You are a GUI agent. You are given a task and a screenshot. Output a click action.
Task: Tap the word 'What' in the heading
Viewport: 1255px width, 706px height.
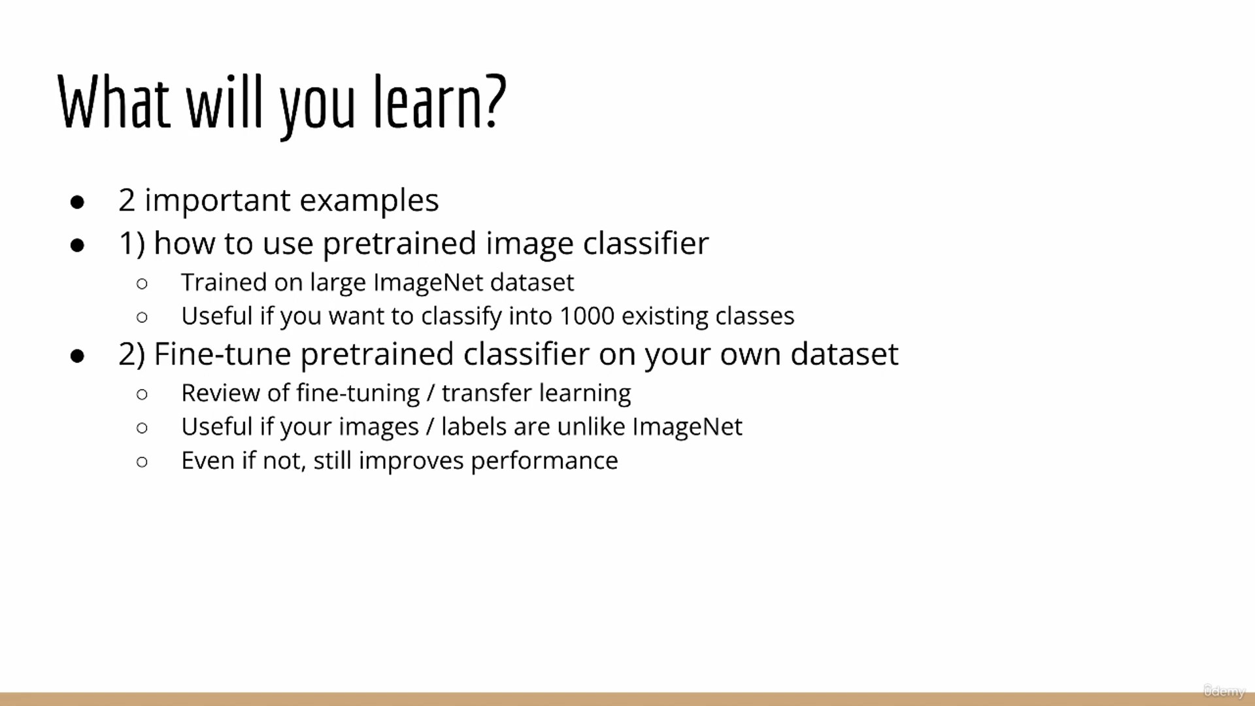coord(114,101)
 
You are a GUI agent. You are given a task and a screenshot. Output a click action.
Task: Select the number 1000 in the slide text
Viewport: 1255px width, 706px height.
coord(587,316)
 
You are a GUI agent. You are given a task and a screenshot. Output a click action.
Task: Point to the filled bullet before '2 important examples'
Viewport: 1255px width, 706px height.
coord(77,203)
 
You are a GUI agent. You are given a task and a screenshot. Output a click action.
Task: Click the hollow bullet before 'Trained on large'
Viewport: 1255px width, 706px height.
coord(142,284)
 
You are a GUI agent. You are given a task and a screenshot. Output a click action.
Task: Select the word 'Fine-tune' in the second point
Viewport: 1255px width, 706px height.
coord(222,354)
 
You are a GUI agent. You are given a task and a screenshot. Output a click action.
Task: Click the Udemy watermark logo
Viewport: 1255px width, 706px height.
coord(1224,691)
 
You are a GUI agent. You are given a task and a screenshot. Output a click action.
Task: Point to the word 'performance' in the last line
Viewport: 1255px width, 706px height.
coord(544,462)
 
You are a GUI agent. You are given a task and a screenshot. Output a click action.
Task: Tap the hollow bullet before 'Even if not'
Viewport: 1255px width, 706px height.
coord(142,462)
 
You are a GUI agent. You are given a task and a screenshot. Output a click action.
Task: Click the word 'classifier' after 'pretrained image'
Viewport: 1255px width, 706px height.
coord(646,244)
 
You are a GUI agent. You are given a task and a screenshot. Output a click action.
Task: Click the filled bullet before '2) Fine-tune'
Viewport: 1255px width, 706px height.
coord(77,356)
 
